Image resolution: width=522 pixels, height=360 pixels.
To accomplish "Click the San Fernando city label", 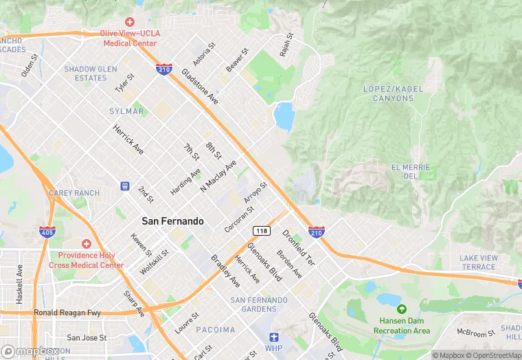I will [x=172, y=221].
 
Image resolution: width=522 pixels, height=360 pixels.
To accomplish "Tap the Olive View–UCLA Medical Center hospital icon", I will [x=129, y=23].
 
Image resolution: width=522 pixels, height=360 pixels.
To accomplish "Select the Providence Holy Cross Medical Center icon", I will [x=87, y=244].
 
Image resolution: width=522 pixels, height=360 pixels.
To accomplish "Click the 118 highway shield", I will [x=260, y=229].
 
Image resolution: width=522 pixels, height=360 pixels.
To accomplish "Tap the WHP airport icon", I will [x=274, y=337].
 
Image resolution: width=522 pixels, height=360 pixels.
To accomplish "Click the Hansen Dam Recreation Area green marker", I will [x=402, y=310].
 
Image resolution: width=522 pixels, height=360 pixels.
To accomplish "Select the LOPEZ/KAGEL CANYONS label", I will [x=388, y=93].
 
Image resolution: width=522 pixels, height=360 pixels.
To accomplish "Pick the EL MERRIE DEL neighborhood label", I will [x=410, y=172].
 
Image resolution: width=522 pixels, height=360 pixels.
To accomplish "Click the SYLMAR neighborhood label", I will [x=126, y=111].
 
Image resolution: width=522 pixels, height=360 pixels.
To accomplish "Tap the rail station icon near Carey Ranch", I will [x=124, y=185].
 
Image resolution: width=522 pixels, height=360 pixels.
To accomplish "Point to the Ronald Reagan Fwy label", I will [x=67, y=313].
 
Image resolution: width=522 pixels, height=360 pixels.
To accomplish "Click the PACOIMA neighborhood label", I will [x=216, y=330].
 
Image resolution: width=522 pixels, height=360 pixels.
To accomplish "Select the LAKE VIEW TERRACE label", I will [x=478, y=262].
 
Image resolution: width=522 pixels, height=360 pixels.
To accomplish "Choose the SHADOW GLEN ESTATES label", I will [x=95, y=74].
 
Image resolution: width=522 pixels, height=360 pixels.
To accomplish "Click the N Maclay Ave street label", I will [x=218, y=176].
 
